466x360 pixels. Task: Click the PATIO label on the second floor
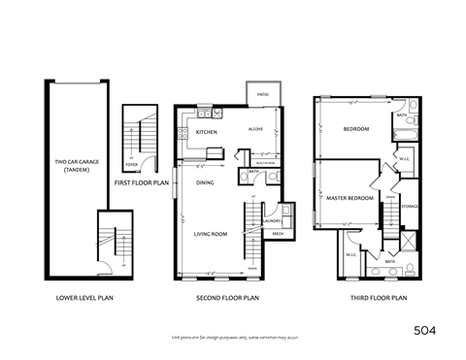pos(262,95)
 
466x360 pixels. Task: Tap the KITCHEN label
pos(206,131)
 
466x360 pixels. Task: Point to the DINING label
pos(205,181)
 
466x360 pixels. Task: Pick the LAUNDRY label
pos(272,222)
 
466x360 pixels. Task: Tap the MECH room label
pos(278,234)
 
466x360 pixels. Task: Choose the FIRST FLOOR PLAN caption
pos(141,181)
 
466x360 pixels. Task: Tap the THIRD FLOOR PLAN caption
pos(379,298)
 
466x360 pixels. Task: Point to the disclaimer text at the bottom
pos(233,337)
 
